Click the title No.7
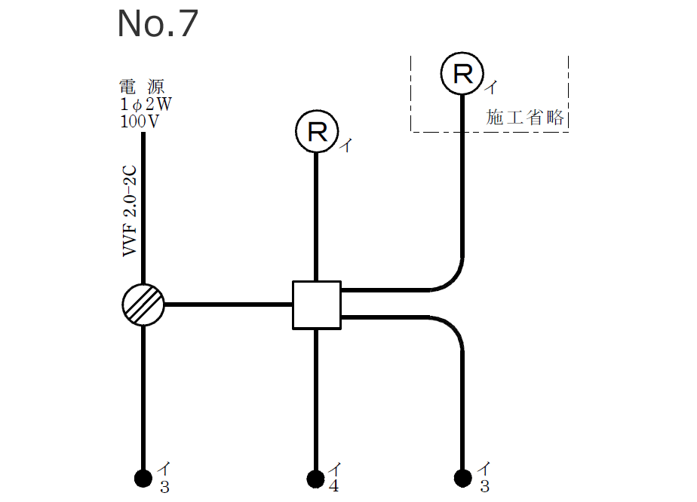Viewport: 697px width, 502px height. coord(157,24)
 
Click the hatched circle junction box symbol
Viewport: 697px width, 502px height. coord(143,305)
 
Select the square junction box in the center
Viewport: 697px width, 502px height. coord(316,305)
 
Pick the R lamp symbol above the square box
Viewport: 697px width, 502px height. coord(316,132)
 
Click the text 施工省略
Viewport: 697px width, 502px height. coord(526,118)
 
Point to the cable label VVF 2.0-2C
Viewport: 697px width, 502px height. coord(130,213)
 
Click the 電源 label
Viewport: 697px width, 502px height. coord(142,86)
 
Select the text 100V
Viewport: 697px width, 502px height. coord(140,121)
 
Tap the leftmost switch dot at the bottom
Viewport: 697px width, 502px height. coord(143,478)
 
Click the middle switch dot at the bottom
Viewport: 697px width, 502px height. coord(316,478)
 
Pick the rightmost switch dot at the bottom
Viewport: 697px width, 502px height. coord(462,478)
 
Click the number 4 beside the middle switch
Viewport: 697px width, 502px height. coord(333,486)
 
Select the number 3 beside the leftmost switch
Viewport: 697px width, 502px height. coord(164,487)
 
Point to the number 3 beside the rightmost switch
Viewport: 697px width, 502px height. coord(486,487)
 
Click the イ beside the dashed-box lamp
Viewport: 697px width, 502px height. coord(490,89)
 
